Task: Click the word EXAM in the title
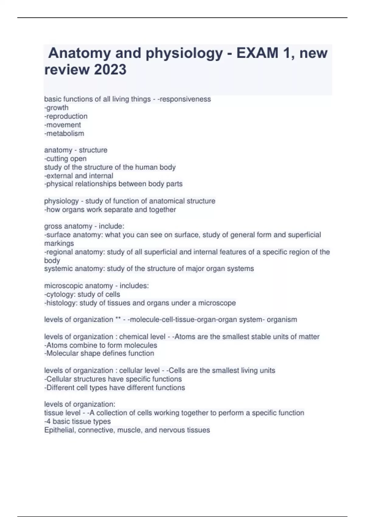click(257, 53)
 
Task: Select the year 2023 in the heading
click(110, 70)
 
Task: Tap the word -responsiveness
click(184, 99)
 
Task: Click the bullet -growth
click(56, 108)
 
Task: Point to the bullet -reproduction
click(66, 116)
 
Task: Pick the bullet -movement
click(63, 125)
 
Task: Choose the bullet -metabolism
click(64, 133)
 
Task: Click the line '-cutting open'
click(65, 158)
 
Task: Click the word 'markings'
click(59, 243)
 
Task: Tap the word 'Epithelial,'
click(60, 430)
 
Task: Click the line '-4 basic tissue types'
click(78, 422)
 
